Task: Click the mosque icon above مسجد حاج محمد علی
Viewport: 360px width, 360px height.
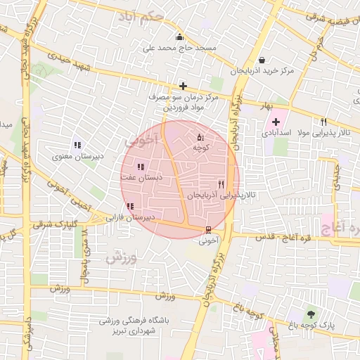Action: coord(180,37)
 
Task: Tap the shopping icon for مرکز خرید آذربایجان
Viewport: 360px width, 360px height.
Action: coord(262,60)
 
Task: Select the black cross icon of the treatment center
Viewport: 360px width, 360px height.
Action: coord(183,85)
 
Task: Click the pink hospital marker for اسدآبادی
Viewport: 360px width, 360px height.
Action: coord(276,122)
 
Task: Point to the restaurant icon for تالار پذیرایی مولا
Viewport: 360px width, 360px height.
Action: coord(323,122)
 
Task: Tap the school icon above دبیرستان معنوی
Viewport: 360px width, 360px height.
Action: coord(77,145)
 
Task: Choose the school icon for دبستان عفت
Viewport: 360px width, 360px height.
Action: coord(141,167)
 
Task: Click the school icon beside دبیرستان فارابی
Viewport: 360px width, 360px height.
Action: coord(129,206)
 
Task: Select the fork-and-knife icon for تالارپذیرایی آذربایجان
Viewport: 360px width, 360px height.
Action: coord(221,184)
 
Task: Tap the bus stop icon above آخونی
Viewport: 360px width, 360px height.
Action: coord(208,229)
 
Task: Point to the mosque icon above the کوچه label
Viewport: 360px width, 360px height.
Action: coord(200,137)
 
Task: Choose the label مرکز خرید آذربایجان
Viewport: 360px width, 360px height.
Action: coord(261,72)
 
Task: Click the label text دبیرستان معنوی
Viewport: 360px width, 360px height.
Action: coord(78,156)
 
